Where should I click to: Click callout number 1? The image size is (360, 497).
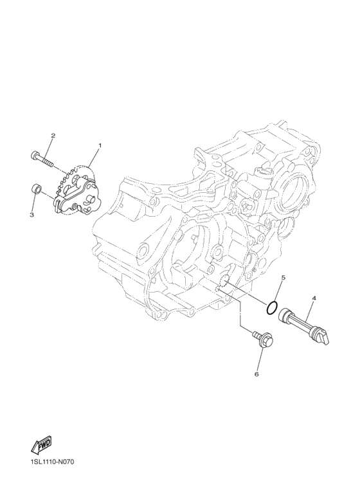pos(100,145)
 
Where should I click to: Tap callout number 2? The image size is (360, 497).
pos(53,136)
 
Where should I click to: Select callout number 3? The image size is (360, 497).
pos(32,215)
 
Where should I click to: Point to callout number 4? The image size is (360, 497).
pos(314,298)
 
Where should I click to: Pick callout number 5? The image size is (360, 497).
pos(283,277)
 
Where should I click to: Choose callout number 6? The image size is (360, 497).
pos(256,374)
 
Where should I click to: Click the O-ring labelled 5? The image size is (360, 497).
pos(272,309)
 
